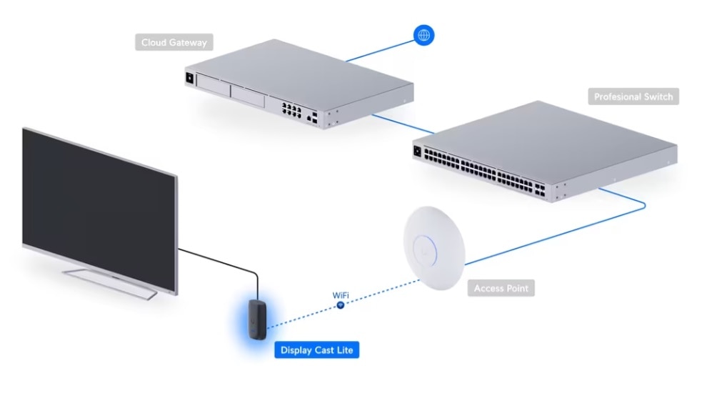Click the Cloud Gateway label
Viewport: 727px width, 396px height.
click(174, 42)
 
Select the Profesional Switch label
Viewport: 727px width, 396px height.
click(633, 96)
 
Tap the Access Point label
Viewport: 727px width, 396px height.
click(501, 288)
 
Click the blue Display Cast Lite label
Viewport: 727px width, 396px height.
click(316, 350)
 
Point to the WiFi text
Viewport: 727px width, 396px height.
click(341, 295)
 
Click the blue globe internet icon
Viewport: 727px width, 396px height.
click(423, 35)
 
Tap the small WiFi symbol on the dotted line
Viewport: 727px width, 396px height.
click(341, 305)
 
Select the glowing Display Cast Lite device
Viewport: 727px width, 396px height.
click(257, 320)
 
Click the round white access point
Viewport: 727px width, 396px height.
click(434, 248)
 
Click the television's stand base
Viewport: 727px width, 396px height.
click(110, 282)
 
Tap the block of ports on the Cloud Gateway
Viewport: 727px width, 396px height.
click(291, 110)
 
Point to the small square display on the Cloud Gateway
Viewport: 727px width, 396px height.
click(189, 78)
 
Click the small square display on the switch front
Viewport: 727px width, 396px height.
click(417, 152)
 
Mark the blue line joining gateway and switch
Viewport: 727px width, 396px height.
click(403, 124)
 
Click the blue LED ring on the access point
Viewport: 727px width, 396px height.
click(425, 251)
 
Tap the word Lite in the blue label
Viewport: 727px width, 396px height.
click(345, 350)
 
